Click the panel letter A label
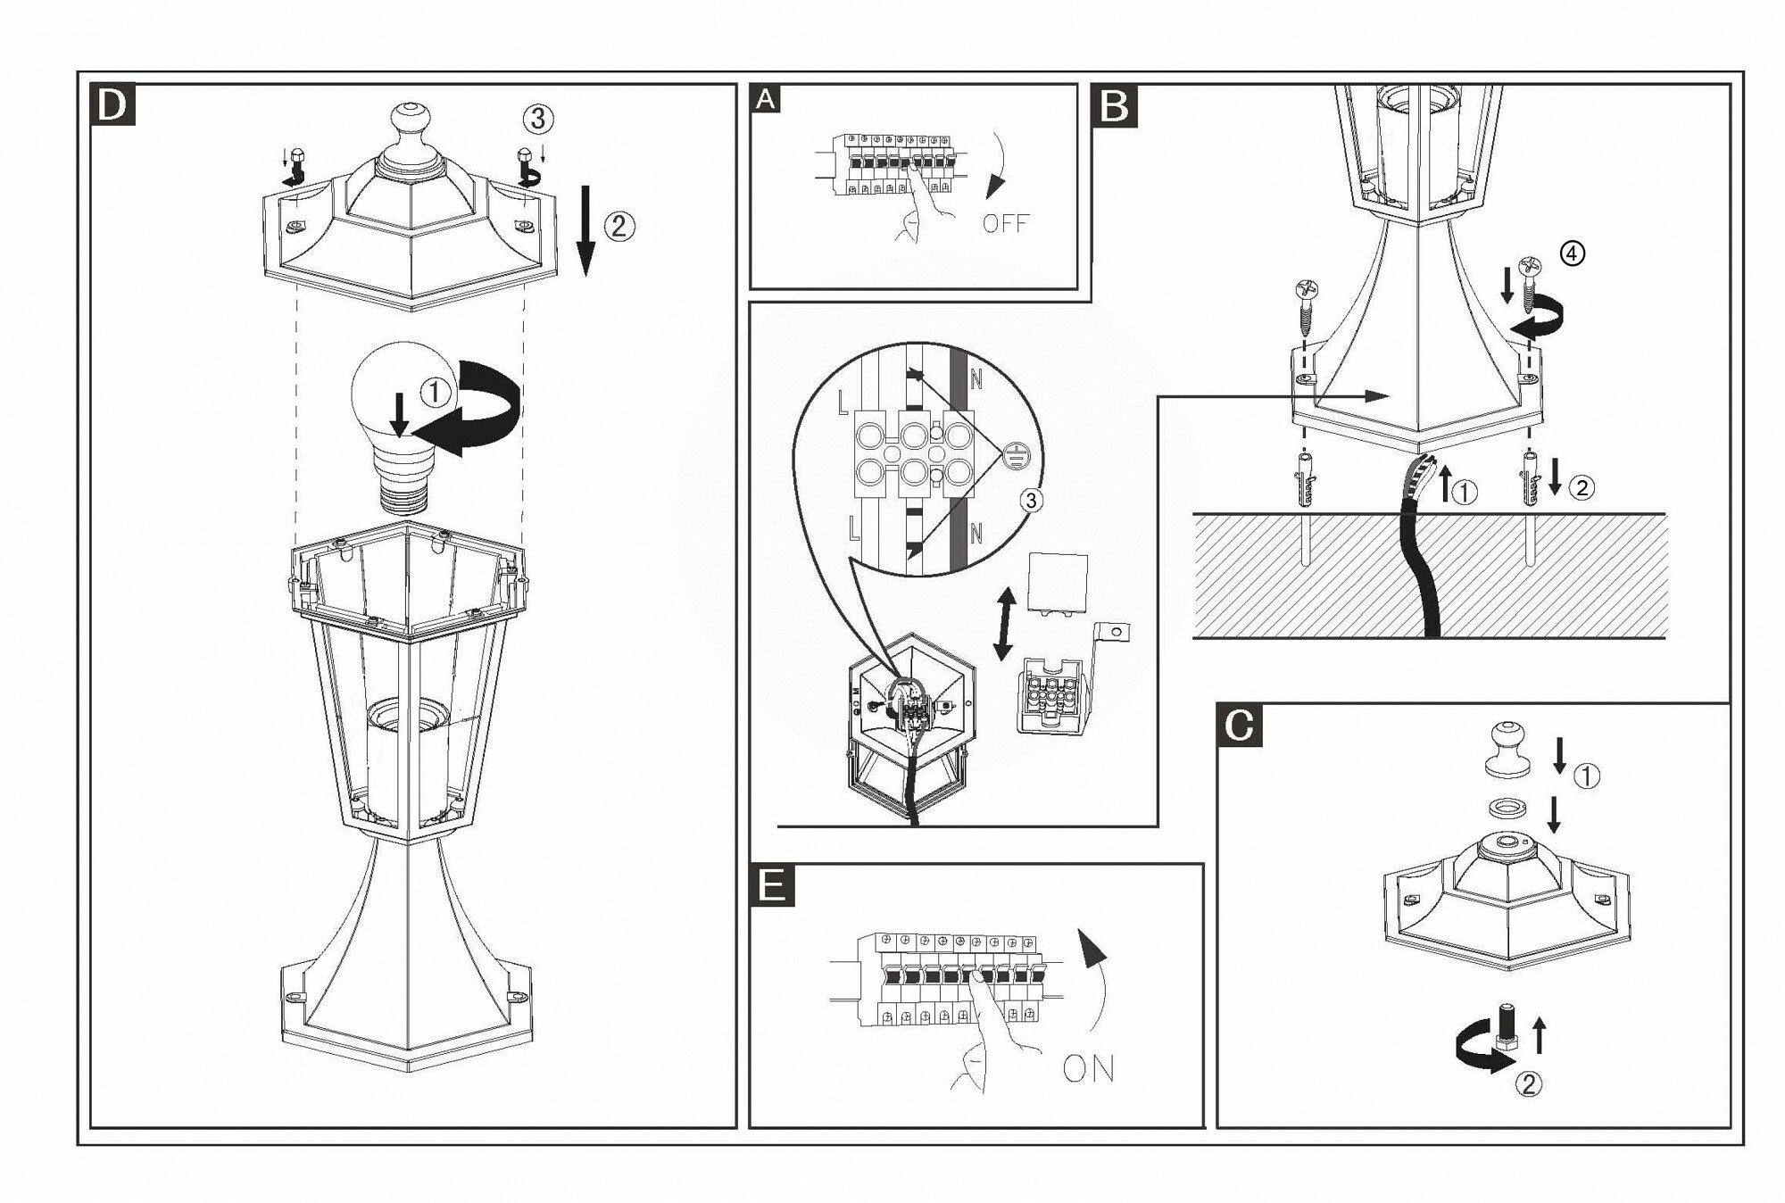point(766,99)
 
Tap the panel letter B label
point(1115,106)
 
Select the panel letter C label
point(1240,726)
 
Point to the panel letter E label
point(771,885)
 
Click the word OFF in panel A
point(1006,222)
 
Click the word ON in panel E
point(1089,1068)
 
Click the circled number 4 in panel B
point(1573,254)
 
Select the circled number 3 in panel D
point(537,118)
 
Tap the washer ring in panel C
point(1507,807)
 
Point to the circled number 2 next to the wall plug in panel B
point(1582,487)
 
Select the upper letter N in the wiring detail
point(976,380)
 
